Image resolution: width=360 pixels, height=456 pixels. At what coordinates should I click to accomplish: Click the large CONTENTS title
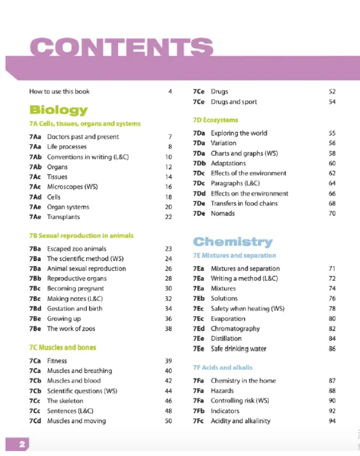click(120, 47)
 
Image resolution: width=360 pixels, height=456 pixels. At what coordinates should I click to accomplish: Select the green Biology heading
click(58, 110)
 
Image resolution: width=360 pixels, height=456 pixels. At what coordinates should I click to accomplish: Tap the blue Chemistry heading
click(233, 241)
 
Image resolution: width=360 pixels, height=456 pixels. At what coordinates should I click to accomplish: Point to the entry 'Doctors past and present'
click(74, 137)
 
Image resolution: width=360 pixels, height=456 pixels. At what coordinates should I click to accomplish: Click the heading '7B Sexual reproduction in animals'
click(81, 236)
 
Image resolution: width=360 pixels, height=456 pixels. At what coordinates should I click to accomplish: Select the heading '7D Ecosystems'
click(215, 120)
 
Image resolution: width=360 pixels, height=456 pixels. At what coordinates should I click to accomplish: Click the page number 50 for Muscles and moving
click(168, 421)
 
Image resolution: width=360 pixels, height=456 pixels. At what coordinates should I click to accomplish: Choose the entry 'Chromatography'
click(235, 329)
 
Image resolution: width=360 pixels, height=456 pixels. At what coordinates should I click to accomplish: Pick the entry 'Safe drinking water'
click(238, 349)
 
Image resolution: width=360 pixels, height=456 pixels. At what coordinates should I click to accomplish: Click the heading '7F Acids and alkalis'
click(222, 367)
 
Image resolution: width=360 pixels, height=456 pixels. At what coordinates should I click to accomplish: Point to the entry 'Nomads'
click(223, 213)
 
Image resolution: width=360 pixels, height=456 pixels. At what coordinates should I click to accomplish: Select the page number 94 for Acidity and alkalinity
click(331, 421)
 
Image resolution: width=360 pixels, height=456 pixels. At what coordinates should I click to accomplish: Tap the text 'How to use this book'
click(60, 91)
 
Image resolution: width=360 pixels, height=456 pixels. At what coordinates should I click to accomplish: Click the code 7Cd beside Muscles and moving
click(35, 421)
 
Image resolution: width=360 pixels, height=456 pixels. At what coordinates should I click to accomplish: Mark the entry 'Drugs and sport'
click(234, 101)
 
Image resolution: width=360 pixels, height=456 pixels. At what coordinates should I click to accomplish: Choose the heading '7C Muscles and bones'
click(63, 348)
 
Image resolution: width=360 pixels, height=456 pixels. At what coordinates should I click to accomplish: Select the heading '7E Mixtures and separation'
click(235, 255)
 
